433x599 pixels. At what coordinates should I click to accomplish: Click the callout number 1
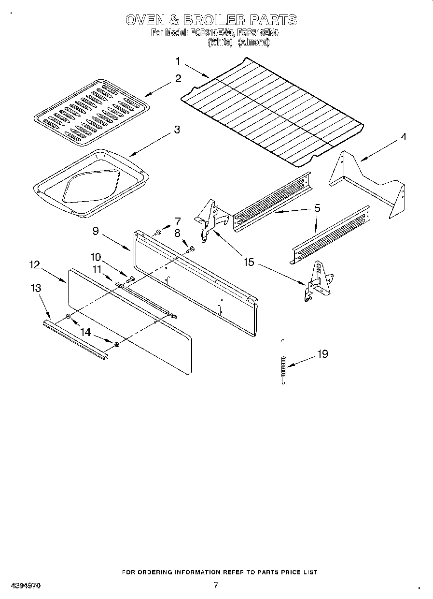coord(178,61)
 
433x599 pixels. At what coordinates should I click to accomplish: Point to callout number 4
coord(403,137)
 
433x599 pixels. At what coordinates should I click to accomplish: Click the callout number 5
coord(317,208)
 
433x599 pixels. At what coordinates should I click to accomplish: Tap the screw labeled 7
coord(158,233)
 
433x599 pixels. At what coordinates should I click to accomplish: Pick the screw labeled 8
coord(190,249)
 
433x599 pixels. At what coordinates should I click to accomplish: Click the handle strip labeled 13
coord(75,339)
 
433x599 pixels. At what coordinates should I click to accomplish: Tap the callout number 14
coord(85,333)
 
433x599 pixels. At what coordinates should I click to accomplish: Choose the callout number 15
coord(249,263)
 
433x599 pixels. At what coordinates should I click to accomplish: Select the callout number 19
coord(322,354)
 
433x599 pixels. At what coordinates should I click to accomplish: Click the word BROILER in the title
coord(212,20)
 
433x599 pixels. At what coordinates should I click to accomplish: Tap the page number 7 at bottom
coord(216,584)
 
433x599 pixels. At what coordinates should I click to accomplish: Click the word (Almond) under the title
coord(253,43)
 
